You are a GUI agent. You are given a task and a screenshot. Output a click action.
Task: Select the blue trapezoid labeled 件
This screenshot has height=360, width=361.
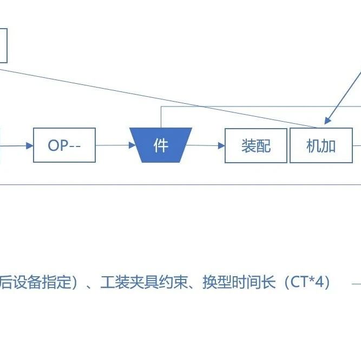coord(161,145)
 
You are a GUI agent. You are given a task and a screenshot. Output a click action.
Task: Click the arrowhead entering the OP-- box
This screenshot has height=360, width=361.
coord(30,145)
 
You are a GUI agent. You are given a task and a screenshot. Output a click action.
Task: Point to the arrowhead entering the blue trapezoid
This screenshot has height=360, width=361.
coord(132,145)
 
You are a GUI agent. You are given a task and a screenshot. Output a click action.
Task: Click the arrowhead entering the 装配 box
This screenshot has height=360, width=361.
coord(221,145)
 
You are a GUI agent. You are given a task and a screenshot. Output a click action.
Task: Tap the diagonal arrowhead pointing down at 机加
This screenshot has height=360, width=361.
coord(327,121)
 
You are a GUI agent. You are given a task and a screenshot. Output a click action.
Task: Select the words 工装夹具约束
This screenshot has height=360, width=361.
coord(144,282)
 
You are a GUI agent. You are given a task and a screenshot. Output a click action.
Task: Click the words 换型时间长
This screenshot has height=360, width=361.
coord(239,282)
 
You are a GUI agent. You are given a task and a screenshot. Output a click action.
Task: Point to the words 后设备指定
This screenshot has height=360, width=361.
coord(35,282)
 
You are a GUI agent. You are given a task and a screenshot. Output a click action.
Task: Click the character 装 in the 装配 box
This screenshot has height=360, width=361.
coord(248,146)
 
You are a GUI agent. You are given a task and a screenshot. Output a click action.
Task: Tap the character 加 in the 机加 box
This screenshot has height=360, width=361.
coord(329,146)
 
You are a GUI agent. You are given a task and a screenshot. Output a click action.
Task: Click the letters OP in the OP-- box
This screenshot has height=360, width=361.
coord(58,145)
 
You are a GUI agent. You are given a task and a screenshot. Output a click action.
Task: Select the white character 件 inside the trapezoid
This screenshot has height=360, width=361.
coord(161,145)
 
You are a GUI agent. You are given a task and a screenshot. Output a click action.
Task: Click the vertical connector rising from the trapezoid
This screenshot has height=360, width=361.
coord(161,117)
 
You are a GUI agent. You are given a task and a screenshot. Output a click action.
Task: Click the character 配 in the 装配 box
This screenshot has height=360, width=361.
coord(264,146)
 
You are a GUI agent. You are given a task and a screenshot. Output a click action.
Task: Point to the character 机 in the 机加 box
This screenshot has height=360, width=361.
coord(314,146)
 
